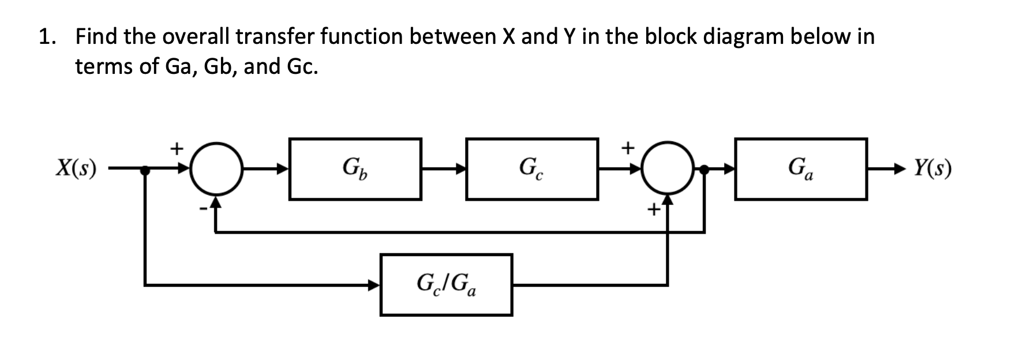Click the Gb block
355,168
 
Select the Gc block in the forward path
531,168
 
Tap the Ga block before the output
800,168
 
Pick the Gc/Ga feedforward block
446,284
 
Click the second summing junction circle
668,168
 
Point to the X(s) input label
76,168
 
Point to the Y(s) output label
932,168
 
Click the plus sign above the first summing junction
177,148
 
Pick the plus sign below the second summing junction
653,211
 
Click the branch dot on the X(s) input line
145,170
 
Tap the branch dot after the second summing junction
704,169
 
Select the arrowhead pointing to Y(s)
902,169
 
